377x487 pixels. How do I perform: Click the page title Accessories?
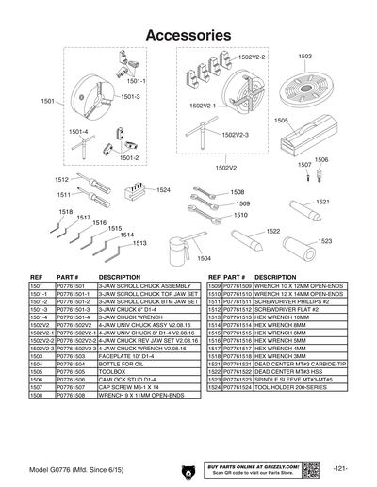pos(188,34)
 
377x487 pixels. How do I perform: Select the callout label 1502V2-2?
pos(252,57)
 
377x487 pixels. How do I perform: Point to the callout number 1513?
pos(139,244)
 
